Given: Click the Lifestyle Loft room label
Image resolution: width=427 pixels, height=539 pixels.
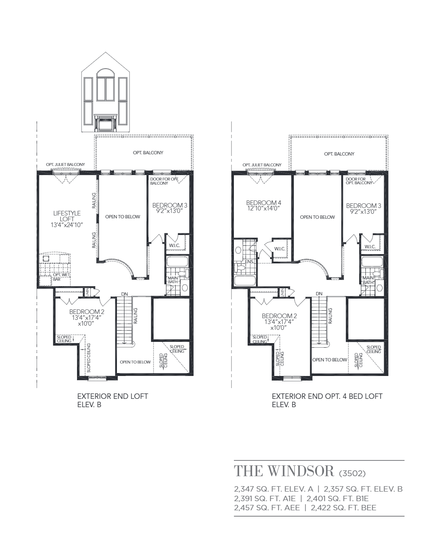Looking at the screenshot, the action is [67, 216].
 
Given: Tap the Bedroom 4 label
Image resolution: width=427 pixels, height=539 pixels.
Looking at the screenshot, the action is [263, 203].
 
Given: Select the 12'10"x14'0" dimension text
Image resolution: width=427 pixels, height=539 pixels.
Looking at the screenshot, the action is [263, 208].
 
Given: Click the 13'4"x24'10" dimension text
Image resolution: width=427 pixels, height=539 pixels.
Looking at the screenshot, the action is [67, 225].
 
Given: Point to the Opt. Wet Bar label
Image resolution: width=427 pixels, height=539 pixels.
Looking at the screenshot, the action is [61, 277].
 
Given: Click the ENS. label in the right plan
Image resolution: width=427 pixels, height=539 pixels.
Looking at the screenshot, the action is [249, 262].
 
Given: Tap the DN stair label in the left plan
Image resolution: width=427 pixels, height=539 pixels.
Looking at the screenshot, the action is [124, 294].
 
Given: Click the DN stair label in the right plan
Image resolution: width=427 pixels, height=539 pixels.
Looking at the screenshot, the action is [319, 294].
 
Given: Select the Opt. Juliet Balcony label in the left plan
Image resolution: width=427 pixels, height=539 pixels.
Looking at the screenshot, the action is [65, 165].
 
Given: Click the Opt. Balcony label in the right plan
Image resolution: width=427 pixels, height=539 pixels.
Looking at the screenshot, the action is [339, 154].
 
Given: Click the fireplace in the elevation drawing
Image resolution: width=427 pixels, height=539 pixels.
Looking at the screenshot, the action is [105, 123].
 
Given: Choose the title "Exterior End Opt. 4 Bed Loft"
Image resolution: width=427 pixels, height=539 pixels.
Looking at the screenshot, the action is [327, 396].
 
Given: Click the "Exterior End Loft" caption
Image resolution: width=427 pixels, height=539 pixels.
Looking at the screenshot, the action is [113, 396].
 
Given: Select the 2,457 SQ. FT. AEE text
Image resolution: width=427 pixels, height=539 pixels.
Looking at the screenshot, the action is [267, 508].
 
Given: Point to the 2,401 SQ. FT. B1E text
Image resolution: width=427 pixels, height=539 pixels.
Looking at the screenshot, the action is [338, 498].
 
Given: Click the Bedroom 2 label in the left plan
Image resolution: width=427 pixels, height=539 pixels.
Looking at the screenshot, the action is [87, 312].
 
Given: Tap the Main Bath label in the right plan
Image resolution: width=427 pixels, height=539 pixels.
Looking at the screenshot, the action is [368, 280].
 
